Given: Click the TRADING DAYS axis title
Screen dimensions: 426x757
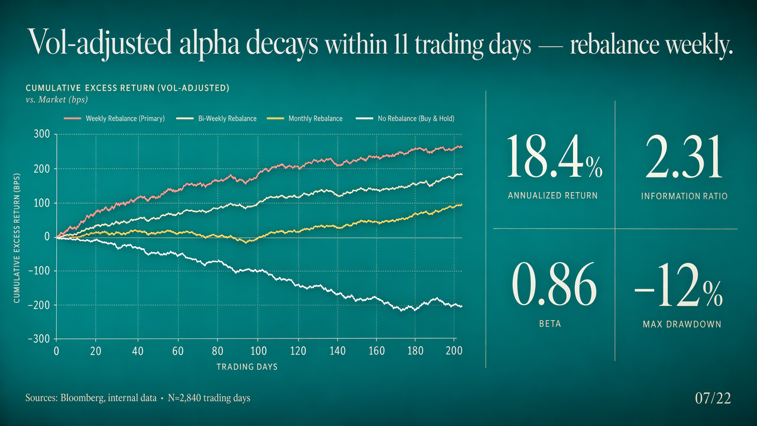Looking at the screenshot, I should pyautogui.click(x=247, y=367).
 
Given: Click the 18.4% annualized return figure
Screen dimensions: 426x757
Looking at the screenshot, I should pyautogui.click(x=555, y=158).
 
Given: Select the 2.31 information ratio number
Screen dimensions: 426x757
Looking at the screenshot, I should pyautogui.click(x=684, y=158).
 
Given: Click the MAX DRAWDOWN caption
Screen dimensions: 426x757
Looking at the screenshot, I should pyautogui.click(x=681, y=324).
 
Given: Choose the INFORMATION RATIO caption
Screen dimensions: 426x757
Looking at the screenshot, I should pyautogui.click(x=684, y=196).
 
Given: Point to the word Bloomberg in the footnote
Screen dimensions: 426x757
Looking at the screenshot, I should pyautogui.click(x=81, y=398).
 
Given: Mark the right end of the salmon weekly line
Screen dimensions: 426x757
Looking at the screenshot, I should pyautogui.click(x=462, y=147).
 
